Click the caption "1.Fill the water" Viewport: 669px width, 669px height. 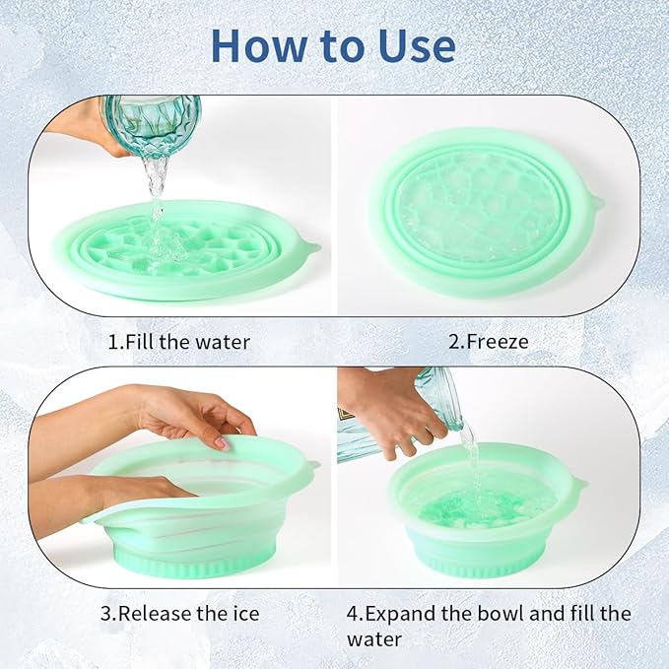(178, 343)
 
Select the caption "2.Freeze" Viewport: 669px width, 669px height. (489, 343)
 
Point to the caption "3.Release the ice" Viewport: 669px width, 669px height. (179, 614)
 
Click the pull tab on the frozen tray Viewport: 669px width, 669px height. (595, 203)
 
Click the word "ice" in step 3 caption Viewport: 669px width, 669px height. (244, 614)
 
